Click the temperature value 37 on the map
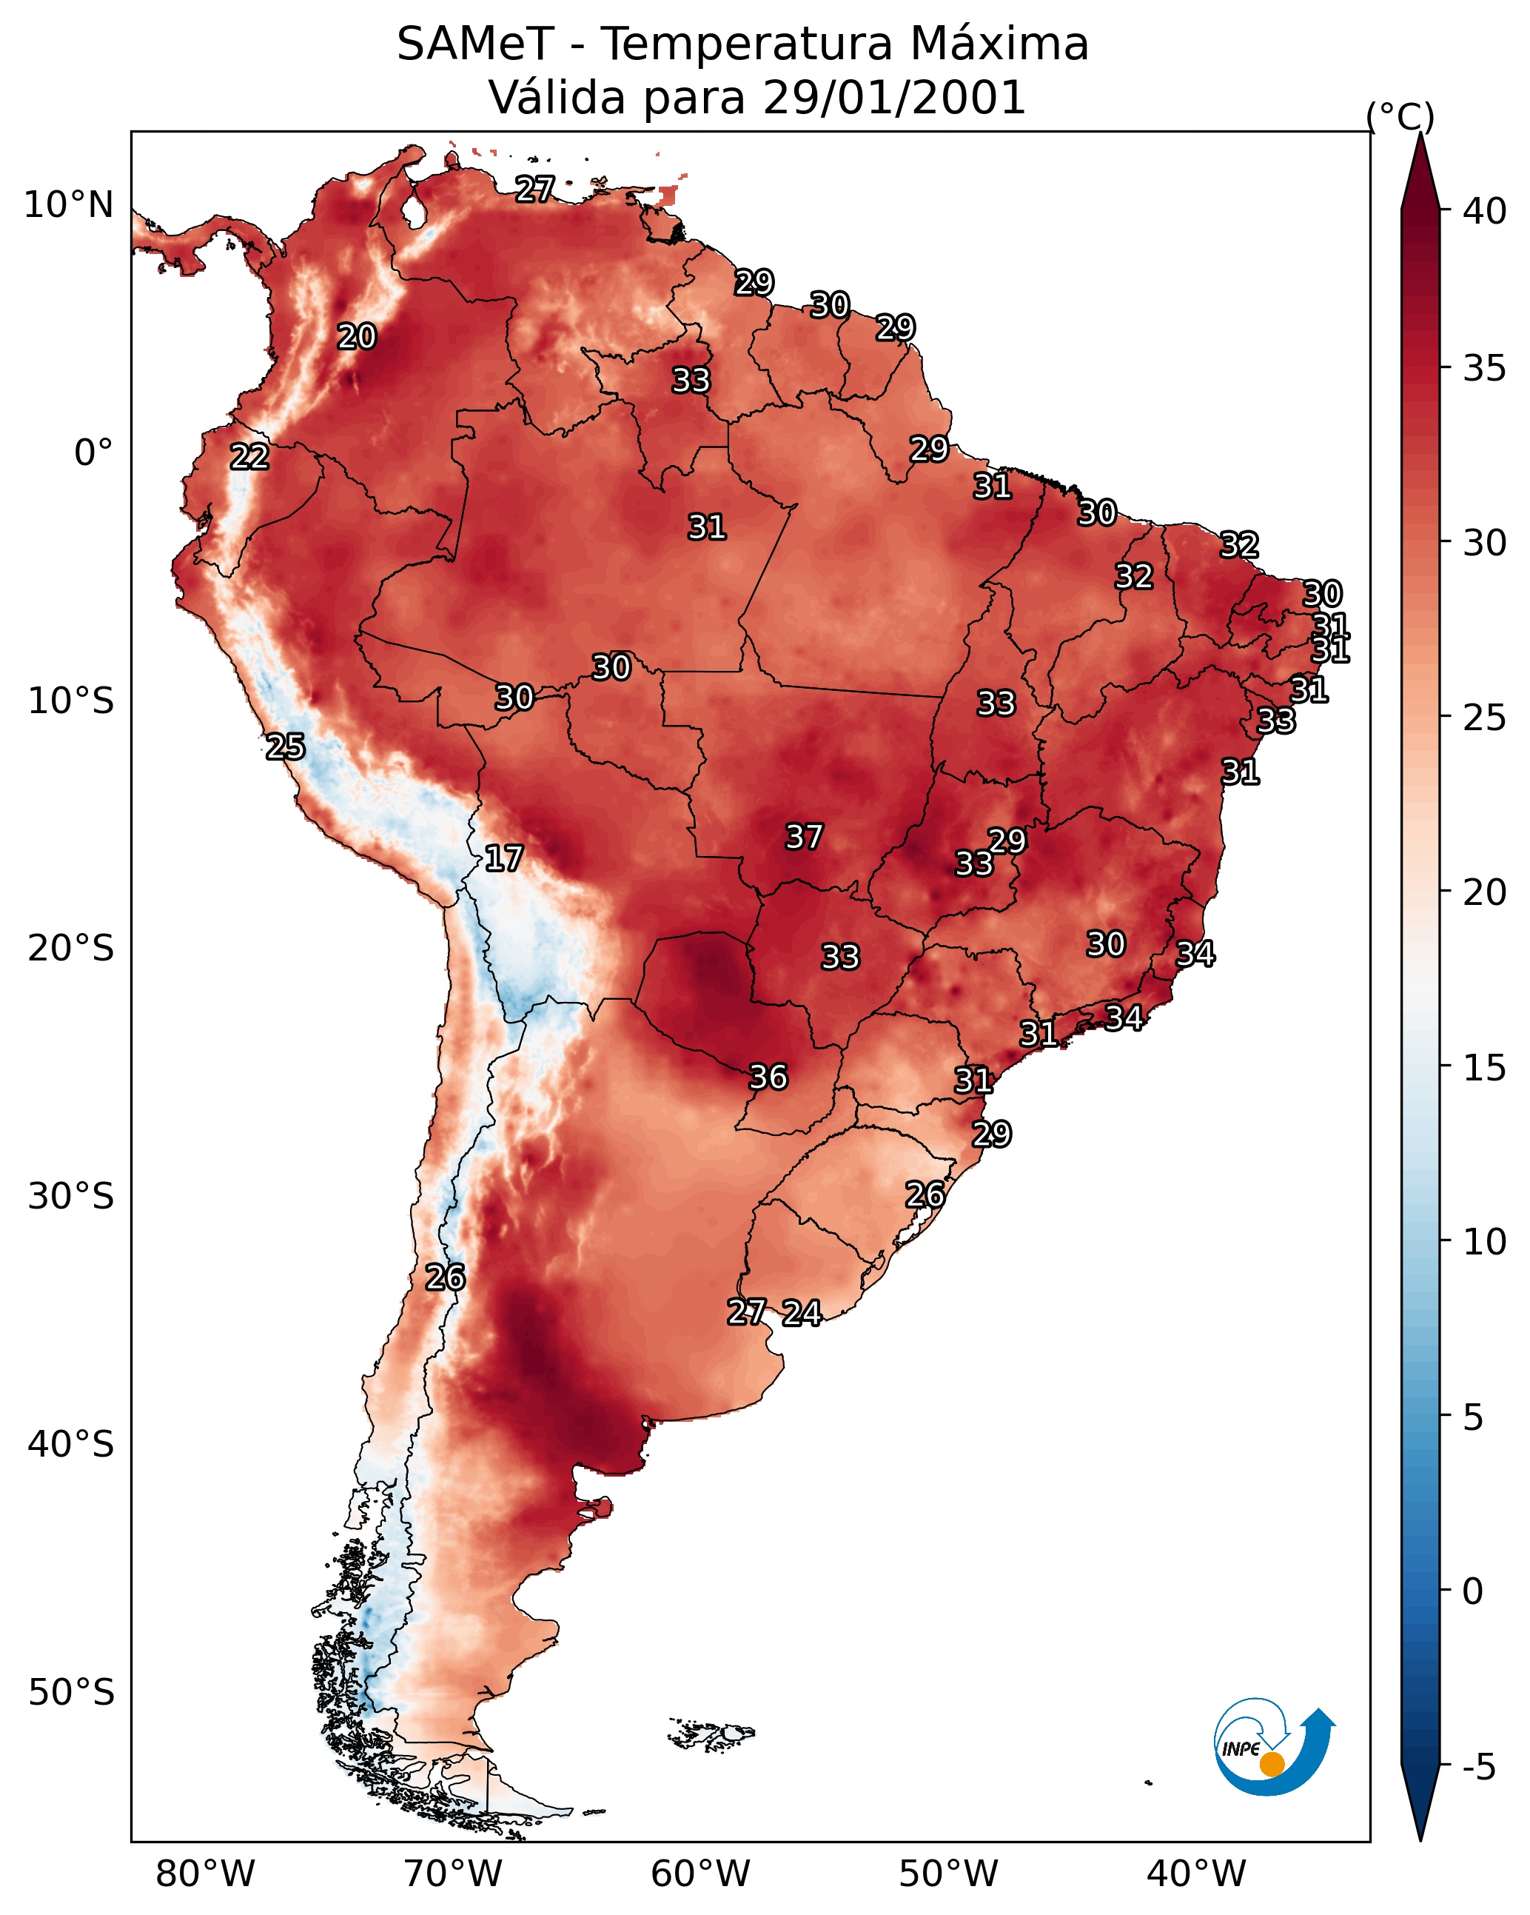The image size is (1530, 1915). [804, 837]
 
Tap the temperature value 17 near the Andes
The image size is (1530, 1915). [503, 858]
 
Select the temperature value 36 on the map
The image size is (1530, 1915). [768, 1077]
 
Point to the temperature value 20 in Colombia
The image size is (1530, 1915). [356, 337]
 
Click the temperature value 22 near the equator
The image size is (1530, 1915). [249, 457]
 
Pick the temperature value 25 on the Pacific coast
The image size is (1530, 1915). [285, 747]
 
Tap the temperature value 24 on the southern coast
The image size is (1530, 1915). [801, 1313]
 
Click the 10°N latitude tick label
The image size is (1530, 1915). [68, 205]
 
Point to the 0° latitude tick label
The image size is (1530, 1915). [93, 453]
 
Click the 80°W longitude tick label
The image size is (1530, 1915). [205, 1874]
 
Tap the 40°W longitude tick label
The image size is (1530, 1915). [1196, 1874]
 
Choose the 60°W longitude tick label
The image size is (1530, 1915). [701, 1874]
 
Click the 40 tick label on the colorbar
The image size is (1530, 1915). [1485, 211]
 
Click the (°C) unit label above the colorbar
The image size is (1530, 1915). [1400, 116]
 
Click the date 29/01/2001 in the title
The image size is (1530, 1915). [893, 98]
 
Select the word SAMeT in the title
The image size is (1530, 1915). [475, 44]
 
